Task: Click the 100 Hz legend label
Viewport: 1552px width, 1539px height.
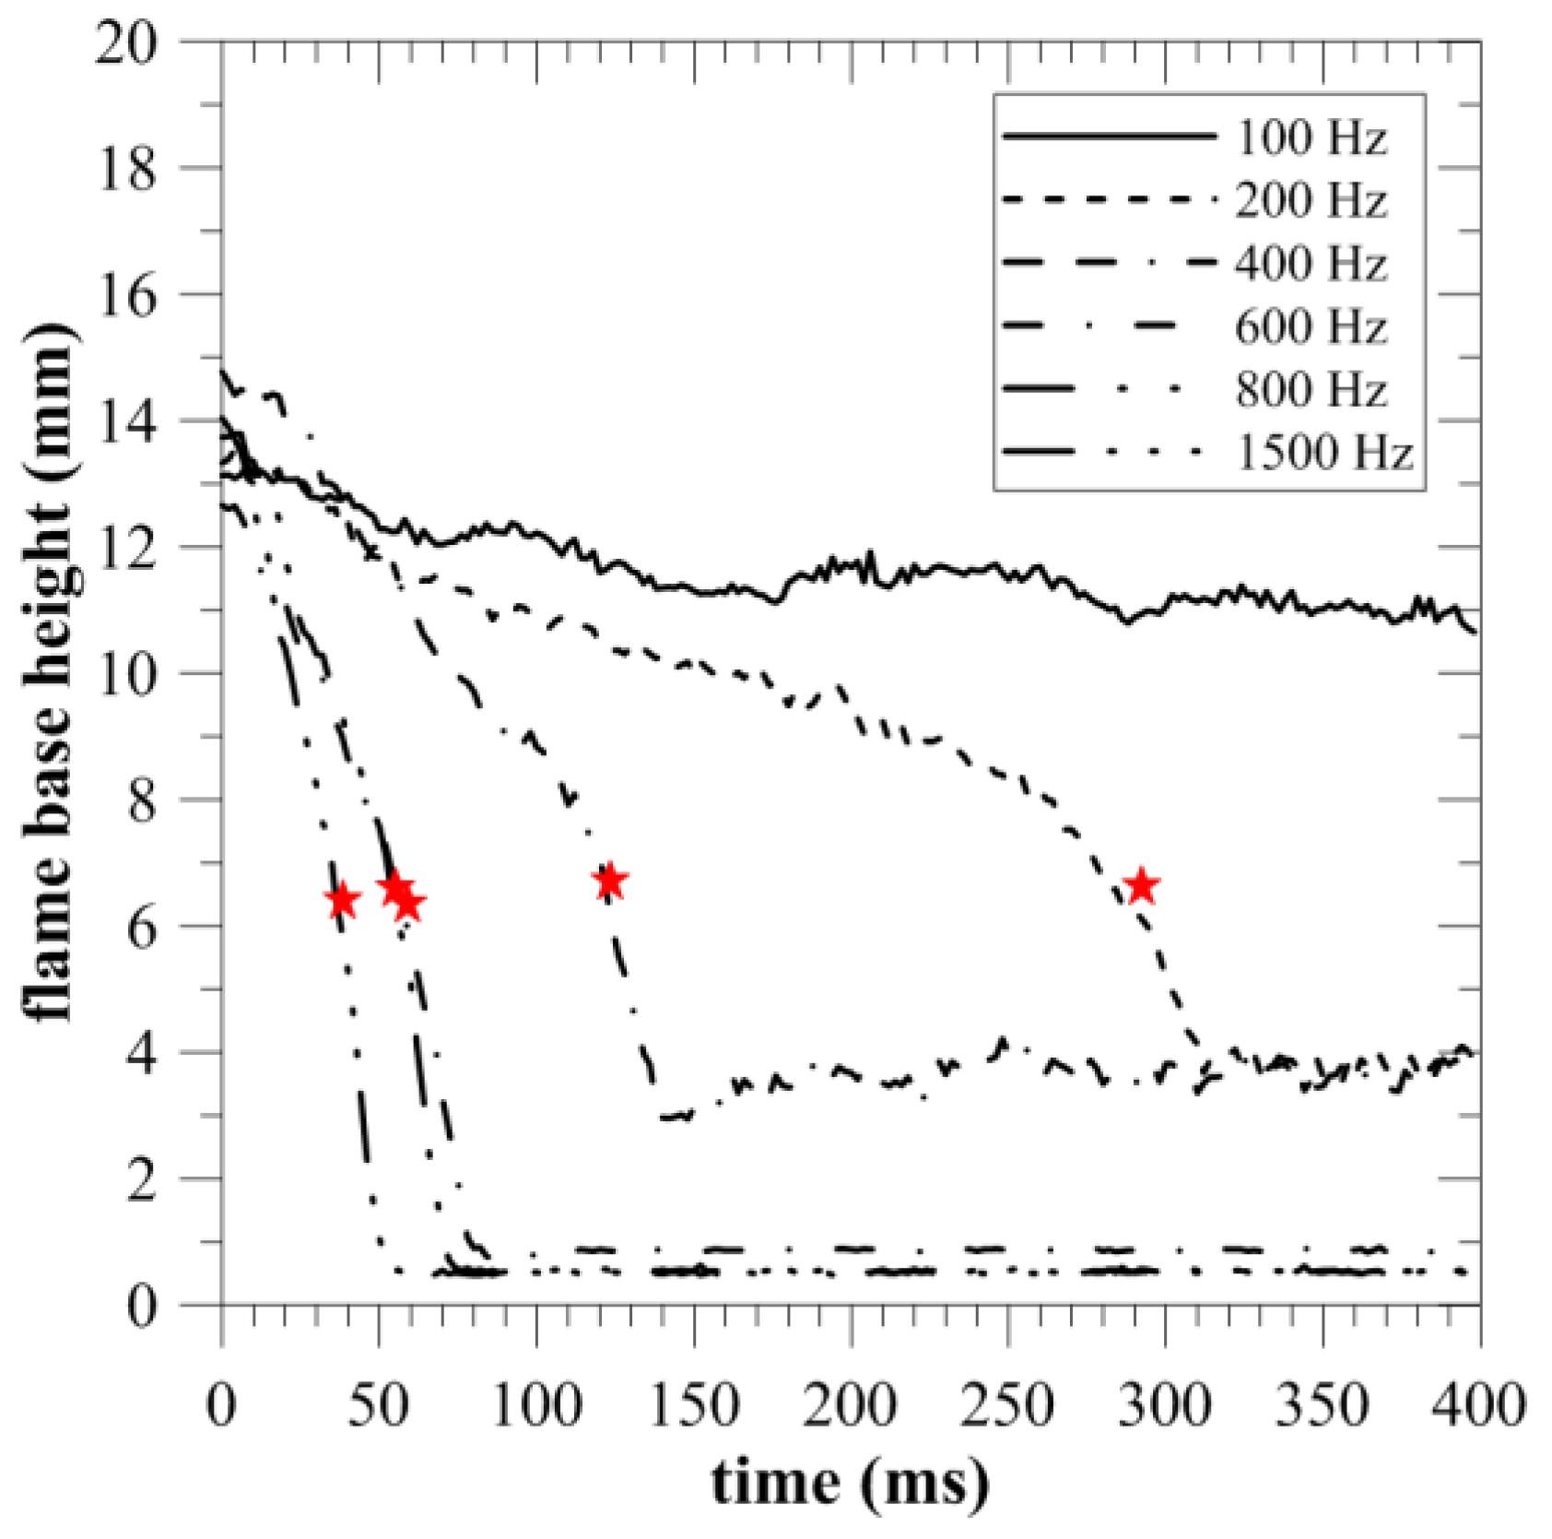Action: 1311,138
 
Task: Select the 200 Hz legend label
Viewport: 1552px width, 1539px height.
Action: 1311,201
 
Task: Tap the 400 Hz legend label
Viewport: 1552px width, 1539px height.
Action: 1311,264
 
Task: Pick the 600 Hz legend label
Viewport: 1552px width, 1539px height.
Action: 1311,327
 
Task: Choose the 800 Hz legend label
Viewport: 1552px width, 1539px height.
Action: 1311,390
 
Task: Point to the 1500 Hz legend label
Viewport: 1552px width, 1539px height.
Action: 1323,453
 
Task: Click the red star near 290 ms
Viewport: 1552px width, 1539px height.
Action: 1142,886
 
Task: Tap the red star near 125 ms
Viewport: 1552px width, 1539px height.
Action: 609,882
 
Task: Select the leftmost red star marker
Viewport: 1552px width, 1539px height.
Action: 342,901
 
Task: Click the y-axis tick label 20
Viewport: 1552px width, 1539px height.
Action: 127,42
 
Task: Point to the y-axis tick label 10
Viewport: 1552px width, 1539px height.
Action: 127,674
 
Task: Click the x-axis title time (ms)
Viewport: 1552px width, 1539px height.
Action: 850,1483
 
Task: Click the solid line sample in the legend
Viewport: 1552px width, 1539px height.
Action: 1110,136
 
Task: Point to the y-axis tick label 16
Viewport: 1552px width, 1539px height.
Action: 127,295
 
